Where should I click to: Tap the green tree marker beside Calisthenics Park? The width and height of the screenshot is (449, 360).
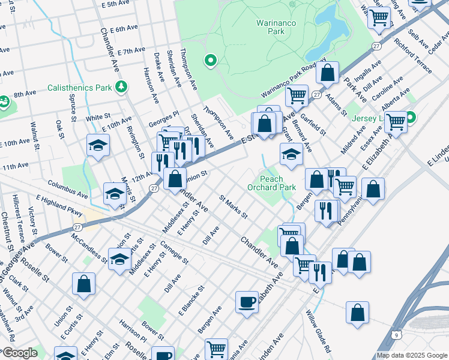[x=121, y=87]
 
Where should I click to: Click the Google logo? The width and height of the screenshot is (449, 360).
[x=19, y=353]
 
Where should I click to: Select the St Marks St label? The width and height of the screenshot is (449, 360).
[x=234, y=207]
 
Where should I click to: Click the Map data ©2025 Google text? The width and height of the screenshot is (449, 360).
[x=411, y=355]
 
